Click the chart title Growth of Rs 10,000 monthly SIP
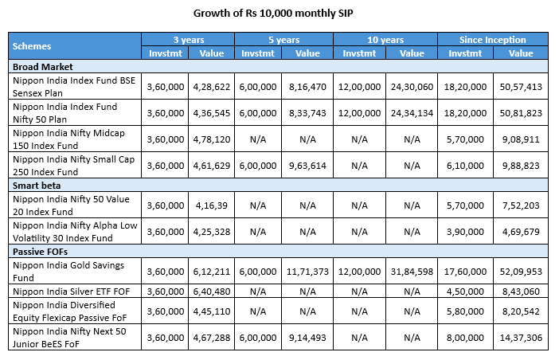point(279,14)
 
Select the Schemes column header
point(32,46)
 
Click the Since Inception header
point(492,39)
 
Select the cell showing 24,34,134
point(412,113)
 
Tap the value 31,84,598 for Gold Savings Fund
point(412,269)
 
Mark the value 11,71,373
point(307,269)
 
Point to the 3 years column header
point(187,39)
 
